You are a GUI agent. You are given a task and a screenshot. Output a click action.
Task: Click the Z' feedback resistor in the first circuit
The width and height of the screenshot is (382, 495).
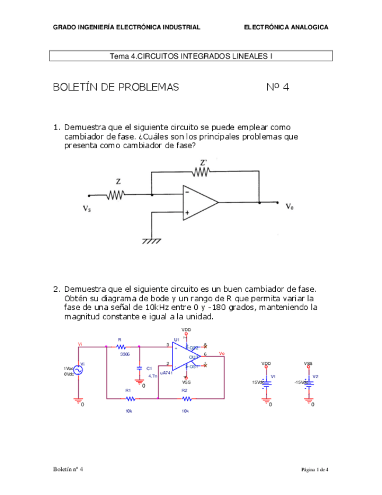[x=202, y=172]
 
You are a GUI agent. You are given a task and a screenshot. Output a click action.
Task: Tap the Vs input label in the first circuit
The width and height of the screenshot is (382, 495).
[x=86, y=208]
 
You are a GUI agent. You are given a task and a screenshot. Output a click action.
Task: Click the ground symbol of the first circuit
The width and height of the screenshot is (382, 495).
[x=152, y=240]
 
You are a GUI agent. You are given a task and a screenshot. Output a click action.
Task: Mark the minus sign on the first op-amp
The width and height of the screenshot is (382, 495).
[x=187, y=191]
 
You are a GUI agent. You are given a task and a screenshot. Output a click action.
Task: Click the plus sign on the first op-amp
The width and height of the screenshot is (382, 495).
[x=187, y=214]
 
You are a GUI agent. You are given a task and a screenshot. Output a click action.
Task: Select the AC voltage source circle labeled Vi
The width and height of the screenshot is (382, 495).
[x=78, y=370]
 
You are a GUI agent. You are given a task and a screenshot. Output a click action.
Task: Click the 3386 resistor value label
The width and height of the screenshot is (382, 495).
[x=125, y=354]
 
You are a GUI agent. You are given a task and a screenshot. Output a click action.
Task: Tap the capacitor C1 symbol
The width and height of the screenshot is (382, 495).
[x=139, y=368]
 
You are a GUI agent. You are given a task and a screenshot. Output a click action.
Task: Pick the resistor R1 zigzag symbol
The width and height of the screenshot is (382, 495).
[x=129, y=399]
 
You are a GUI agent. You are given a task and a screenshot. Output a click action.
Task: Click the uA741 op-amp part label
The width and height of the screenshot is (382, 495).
[x=166, y=372]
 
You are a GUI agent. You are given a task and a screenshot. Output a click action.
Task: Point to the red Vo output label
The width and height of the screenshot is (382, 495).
[x=222, y=353]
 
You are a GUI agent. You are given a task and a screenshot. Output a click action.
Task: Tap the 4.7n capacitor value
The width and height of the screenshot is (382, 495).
[x=153, y=376]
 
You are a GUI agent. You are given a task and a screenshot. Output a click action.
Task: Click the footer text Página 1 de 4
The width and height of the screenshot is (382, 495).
[x=314, y=470]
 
